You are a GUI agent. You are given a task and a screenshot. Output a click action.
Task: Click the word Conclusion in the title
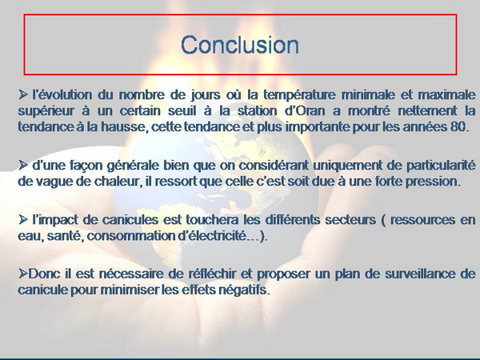(240, 45)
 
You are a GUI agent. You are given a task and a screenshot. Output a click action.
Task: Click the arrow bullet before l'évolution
(23, 94)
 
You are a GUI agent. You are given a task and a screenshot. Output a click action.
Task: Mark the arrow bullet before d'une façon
(23, 166)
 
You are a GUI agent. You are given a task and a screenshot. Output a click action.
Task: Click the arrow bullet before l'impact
(23, 219)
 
